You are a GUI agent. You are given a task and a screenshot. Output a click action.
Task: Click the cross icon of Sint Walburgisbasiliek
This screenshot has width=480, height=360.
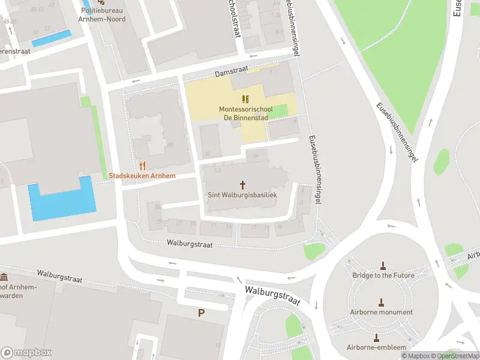[x=243, y=185]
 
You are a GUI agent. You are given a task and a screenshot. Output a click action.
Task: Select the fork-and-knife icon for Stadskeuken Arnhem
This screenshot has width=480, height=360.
[x=142, y=166]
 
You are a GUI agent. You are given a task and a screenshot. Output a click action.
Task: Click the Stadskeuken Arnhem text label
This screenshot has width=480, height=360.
[x=142, y=176]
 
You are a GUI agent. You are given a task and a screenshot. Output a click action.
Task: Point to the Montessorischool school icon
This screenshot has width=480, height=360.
[x=245, y=99]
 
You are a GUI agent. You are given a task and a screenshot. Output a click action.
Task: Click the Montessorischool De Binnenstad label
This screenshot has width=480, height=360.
[x=245, y=113]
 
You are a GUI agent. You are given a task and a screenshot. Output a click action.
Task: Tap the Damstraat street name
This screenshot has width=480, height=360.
[x=229, y=72]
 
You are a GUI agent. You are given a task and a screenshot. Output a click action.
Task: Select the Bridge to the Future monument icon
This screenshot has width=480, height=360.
[x=383, y=265]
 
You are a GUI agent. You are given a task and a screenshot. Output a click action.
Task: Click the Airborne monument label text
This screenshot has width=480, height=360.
[x=381, y=312]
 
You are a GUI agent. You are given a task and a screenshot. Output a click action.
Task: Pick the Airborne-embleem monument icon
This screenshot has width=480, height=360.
[x=377, y=338]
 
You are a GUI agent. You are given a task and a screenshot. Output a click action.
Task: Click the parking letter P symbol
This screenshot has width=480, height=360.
[x=201, y=313]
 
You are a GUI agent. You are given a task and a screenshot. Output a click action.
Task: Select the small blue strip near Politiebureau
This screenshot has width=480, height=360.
[x=51, y=38]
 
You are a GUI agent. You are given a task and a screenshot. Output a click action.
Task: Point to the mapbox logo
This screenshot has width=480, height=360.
[x=26, y=353]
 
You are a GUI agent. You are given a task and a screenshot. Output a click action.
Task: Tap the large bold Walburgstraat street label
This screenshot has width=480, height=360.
[x=272, y=295]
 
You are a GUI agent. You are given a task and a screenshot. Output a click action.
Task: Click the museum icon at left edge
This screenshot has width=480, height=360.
[x=4, y=277]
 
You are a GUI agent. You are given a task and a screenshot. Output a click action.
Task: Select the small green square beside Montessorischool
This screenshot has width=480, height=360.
[x=280, y=111]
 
